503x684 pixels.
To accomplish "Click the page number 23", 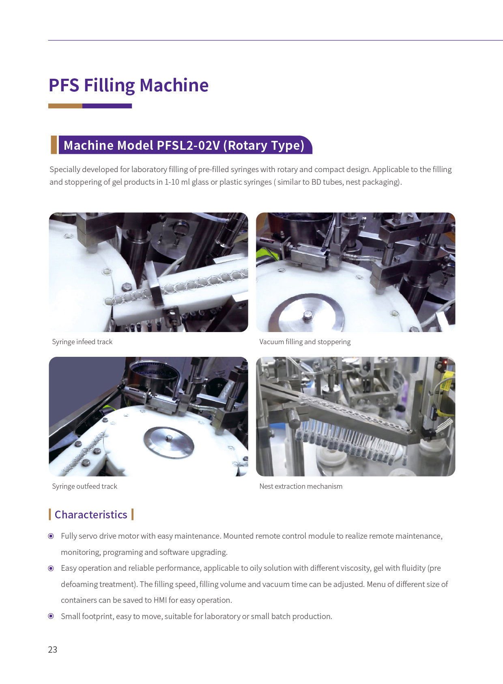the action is (52, 649).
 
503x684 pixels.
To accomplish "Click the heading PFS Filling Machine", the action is (129, 85).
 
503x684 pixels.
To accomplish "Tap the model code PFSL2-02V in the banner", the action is (188, 145).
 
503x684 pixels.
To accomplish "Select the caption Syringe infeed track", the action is (82, 342).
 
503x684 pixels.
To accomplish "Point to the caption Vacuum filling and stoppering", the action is (305, 342).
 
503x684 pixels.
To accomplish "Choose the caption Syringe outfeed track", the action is (84, 486).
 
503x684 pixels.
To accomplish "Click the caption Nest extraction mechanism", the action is (301, 486).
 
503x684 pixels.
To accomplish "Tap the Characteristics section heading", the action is (91, 515).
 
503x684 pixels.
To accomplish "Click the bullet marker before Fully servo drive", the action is (51, 536).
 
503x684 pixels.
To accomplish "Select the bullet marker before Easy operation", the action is (51, 568).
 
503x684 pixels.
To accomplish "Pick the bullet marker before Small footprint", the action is (51, 616).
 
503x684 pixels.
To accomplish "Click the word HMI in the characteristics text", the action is (160, 600).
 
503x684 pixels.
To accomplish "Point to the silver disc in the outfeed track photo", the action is (169, 442).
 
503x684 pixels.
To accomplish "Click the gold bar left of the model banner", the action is (54, 145).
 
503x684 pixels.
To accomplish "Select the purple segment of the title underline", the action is (107, 106).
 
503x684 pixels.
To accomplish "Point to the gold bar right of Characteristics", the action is (133, 515).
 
